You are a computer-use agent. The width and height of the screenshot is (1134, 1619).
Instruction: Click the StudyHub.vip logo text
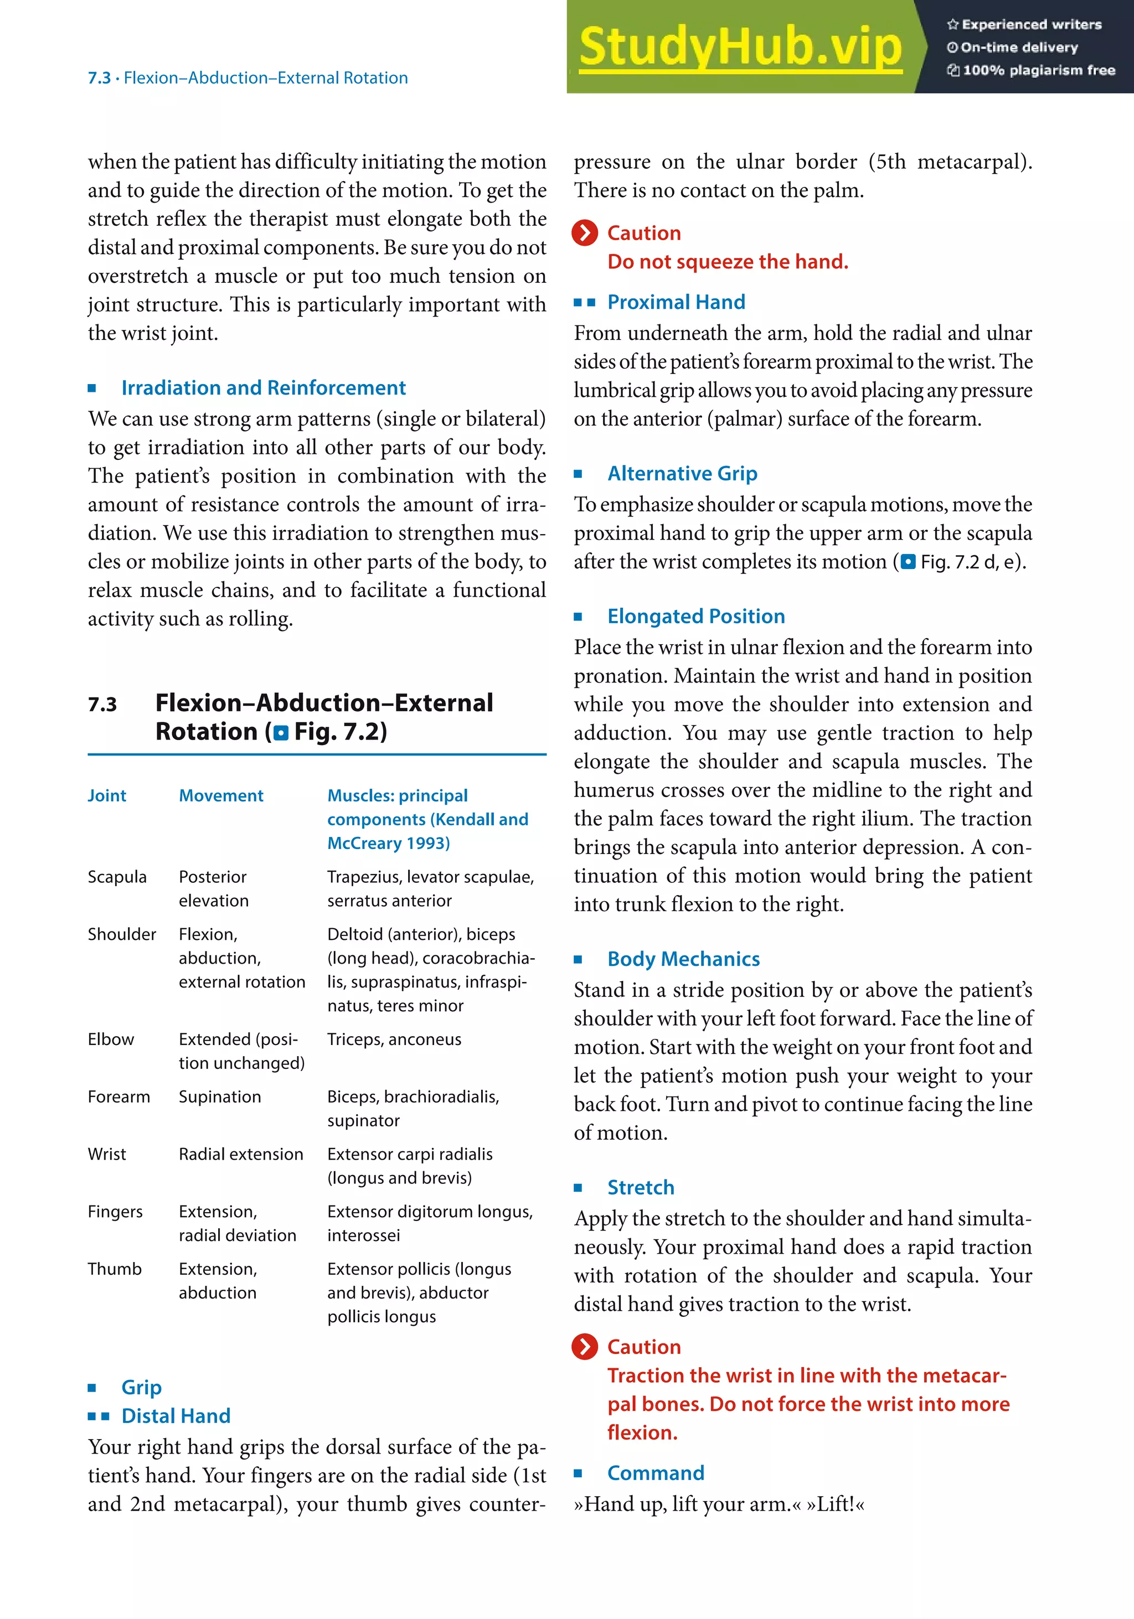pyautogui.click(x=740, y=46)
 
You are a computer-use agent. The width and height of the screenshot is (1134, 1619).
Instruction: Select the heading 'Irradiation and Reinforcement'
pyautogui.click(x=263, y=388)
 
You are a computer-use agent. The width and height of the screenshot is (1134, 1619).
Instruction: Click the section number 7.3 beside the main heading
pyautogui.click(x=102, y=705)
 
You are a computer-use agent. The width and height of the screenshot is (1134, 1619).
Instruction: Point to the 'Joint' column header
pyautogui.click(x=107, y=795)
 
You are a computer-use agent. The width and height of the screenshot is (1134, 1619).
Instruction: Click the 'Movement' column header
pyautogui.click(x=221, y=795)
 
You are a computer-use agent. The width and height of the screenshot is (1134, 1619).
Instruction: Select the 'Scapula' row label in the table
pyautogui.click(x=117, y=877)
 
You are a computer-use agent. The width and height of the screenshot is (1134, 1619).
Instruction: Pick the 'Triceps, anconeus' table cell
pyautogui.click(x=394, y=1039)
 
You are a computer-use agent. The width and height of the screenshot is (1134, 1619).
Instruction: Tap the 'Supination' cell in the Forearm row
pyautogui.click(x=219, y=1096)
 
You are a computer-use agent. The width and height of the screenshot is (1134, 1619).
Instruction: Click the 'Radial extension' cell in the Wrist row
pyautogui.click(x=240, y=1154)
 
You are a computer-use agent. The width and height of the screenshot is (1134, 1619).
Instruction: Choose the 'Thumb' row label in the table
pyautogui.click(x=114, y=1269)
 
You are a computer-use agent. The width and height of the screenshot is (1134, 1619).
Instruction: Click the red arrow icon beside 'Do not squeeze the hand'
pyautogui.click(x=585, y=232)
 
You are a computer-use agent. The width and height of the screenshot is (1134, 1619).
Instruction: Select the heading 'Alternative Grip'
pyautogui.click(x=682, y=473)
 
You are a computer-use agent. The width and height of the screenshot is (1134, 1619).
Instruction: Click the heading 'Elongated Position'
pyautogui.click(x=695, y=616)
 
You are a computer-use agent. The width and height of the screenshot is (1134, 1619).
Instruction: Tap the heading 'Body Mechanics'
pyautogui.click(x=683, y=959)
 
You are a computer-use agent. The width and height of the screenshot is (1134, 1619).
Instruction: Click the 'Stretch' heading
pyautogui.click(x=640, y=1187)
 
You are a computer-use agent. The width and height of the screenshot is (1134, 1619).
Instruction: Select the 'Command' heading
pyautogui.click(x=655, y=1473)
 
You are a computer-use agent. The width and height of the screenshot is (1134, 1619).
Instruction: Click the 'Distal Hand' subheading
pyautogui.click(x=176, y=1416)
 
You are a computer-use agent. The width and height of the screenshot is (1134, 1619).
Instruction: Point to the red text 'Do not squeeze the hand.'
pyautogui.click(x=727, y=262)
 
